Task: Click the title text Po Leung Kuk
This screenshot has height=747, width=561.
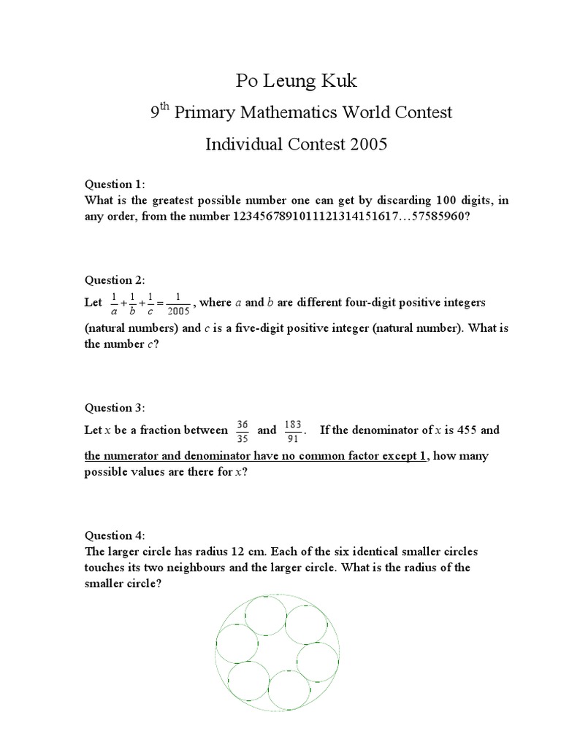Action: tap(296, 80)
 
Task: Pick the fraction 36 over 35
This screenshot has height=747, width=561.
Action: tap(243, 430)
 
